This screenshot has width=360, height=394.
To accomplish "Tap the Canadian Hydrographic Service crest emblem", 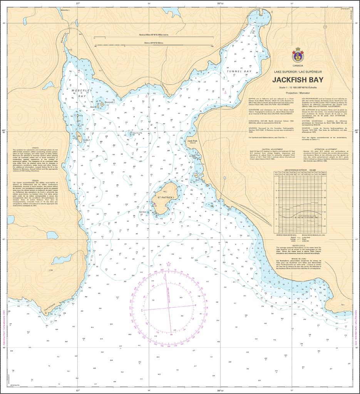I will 297,56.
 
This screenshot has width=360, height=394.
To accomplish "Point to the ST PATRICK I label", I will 166,197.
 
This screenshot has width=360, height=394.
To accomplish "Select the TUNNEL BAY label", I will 239,72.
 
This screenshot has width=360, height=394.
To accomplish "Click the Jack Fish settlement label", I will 192,141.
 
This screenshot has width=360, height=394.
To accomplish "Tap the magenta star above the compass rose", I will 168,264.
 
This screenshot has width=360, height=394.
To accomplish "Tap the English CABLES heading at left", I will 35,147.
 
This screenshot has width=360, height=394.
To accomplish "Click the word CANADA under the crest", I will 298,65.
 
